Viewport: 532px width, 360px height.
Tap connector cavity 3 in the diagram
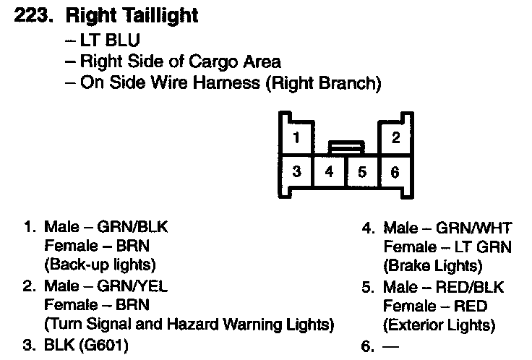click(297, 172)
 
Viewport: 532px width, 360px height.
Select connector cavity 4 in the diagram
click(330, 172)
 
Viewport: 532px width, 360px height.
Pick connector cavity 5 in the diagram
click(362, 172)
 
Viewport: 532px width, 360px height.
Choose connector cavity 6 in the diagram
click(395, 172)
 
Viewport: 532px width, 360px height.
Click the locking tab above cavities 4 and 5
click(346, 147)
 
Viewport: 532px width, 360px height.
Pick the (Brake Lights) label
click(432, 266)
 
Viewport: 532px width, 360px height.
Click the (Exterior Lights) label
click(439, 325)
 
